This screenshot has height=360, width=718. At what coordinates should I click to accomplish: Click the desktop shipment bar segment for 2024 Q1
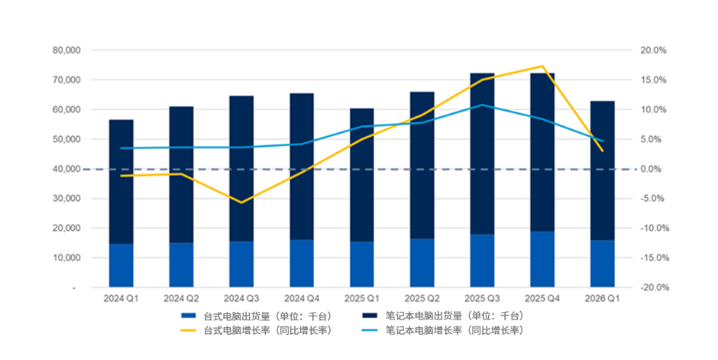tap(121, 265)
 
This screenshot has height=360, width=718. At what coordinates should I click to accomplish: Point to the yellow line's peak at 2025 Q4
tap(542, 66)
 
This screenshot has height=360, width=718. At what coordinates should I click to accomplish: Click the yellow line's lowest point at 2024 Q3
tap(241, 203)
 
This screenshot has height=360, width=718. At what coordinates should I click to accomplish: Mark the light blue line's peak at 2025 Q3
tap(482, 105)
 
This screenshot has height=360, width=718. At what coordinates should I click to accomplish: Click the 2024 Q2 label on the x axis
tap(181, 298)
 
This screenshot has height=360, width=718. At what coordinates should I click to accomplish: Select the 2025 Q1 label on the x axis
tap(362, 298)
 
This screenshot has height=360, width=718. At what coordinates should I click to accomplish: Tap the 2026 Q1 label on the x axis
tap(603, 298)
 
